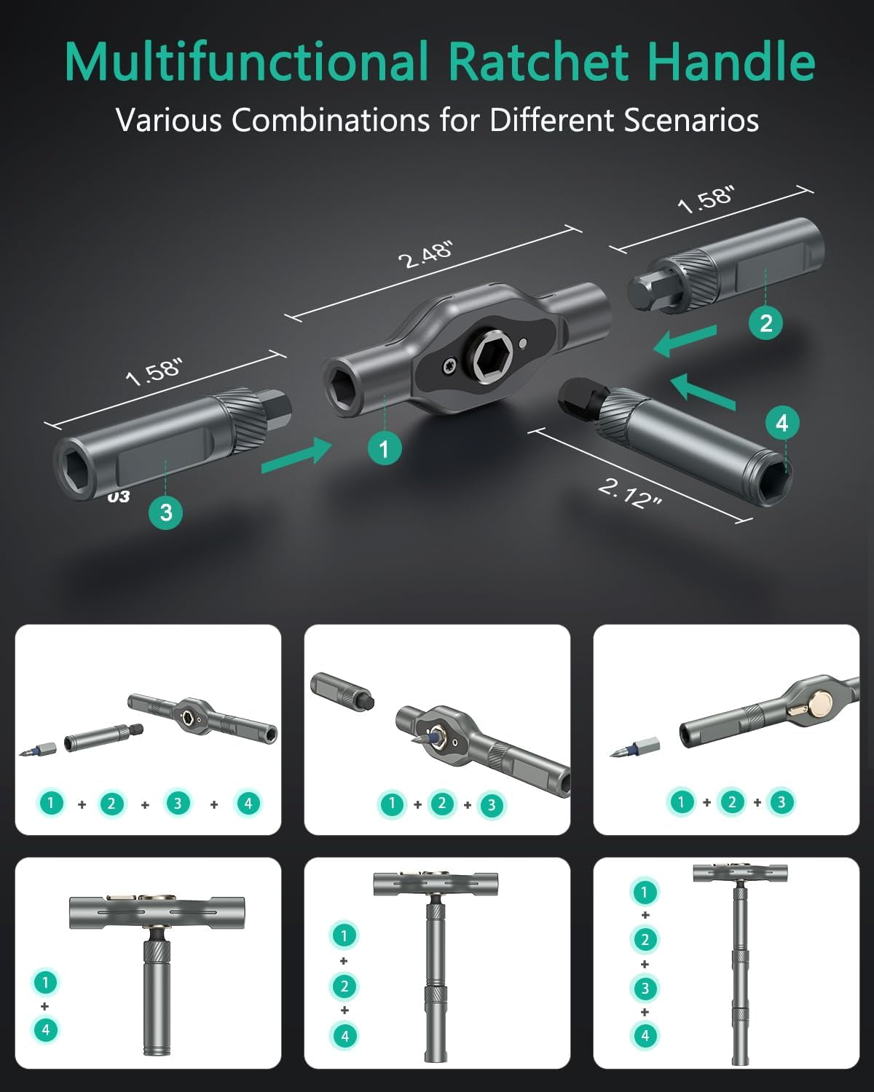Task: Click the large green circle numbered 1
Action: point(384,448)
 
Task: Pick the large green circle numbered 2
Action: point(765,323)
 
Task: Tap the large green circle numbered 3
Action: point(165,512)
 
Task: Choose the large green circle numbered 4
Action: point(782,423)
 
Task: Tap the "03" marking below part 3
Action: point(118,496)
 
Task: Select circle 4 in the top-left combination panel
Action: point(248,803)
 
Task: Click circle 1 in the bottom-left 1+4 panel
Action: point(45,982)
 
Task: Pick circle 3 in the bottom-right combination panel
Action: point(645,988)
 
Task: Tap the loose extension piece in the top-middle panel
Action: point(341,690)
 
